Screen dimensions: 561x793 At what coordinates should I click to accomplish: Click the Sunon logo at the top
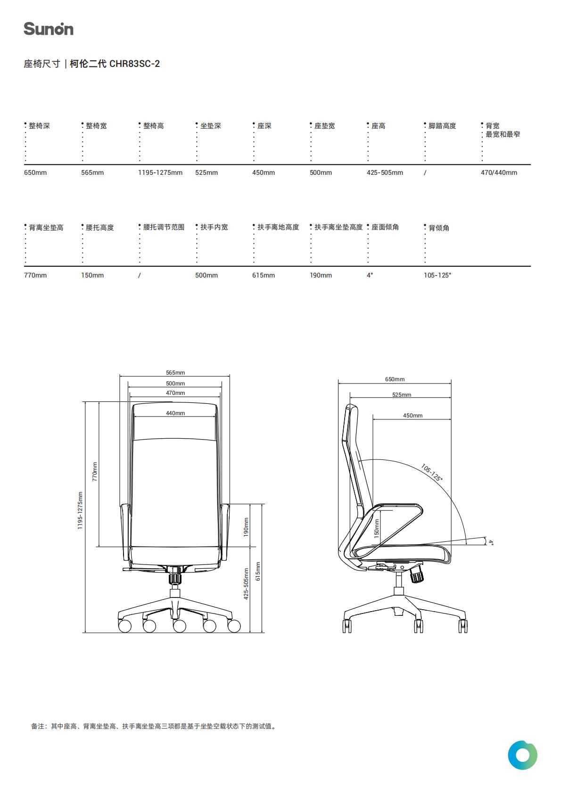pos(49,29)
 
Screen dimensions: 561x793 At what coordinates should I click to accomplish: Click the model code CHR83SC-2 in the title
pos(134,64)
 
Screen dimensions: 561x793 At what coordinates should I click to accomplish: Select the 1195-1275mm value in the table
pos(160,173)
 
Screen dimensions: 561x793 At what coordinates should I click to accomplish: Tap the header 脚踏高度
pos(442,126)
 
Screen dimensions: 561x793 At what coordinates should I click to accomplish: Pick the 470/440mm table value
pos(499,173)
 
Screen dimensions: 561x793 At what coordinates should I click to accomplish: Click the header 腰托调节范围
pos(164,227)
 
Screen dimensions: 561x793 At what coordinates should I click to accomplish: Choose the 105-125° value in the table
pos(437,275)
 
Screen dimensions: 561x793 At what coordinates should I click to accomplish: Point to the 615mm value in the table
pos(264,275)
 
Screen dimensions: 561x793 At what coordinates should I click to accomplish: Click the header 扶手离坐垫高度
pos(338,227)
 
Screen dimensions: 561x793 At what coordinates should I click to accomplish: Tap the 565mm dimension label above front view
pos(175,372)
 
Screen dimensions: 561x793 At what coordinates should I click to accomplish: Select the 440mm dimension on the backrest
pos(175,413)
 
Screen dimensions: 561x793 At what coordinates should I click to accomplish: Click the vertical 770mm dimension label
pos(95,472)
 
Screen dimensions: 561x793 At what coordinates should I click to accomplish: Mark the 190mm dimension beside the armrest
pos(246,527)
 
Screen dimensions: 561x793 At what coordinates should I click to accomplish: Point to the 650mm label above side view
pos(395,379)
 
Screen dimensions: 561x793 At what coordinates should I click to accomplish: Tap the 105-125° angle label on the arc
pos(432,473)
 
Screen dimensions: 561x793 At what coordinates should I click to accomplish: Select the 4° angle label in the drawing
pos(491,542)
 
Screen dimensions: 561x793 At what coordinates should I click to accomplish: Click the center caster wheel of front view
pos(180,626)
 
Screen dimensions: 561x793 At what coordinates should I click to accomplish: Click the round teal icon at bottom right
pos(522,755)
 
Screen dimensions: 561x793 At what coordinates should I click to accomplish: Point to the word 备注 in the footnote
pos(37,726)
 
